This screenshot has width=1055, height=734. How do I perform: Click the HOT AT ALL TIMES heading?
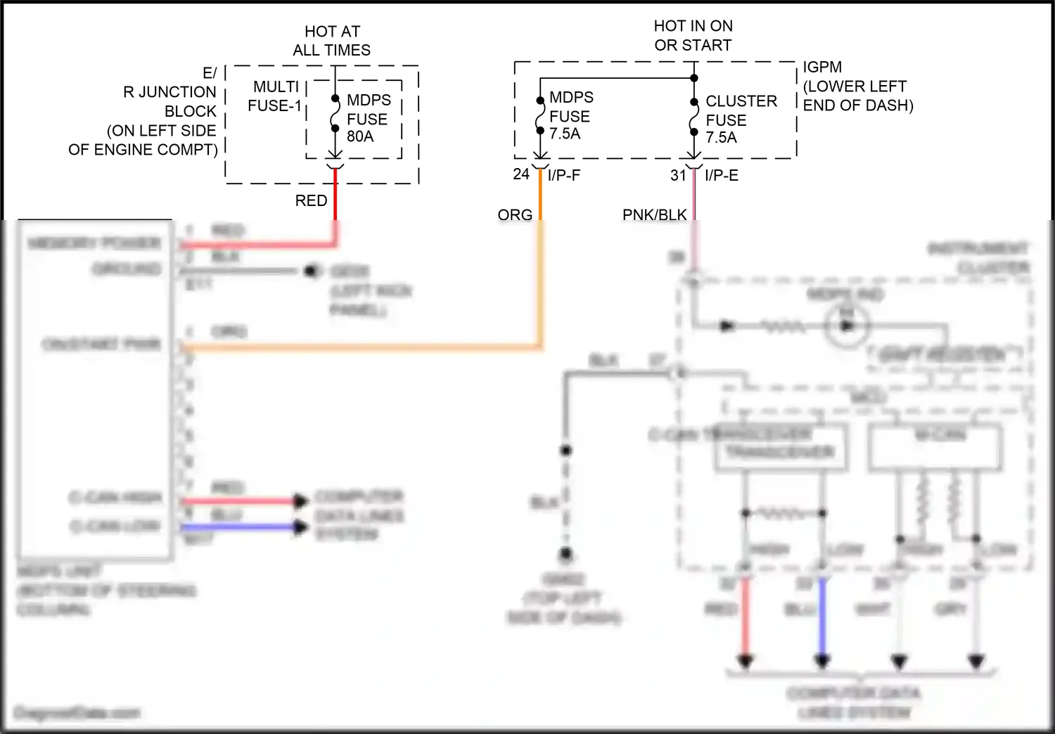coord(332,41)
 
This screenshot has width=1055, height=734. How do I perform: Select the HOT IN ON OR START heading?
coord(693,35)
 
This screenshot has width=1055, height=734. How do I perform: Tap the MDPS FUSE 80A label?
coord(368,118)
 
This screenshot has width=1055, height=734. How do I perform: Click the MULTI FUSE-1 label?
coord(276,96)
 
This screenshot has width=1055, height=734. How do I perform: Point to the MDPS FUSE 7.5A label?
coord(570,115)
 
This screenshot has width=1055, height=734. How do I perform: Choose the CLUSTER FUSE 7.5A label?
coord(741,120)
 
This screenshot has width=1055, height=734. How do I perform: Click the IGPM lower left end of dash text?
coord(857,86)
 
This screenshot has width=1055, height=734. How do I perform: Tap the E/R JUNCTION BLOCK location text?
coord(151,111)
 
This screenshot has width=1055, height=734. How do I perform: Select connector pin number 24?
coord(521,174)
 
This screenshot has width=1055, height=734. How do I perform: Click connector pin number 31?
coord(678,175)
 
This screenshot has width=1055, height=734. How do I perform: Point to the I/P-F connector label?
coord(564,175)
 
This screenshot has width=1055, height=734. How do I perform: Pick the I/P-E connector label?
coord(722,175)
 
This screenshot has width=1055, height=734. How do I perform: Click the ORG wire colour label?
coord(515,214)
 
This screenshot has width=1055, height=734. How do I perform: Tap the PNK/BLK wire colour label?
coord(654,214)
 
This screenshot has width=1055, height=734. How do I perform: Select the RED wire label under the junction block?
coord(311,200)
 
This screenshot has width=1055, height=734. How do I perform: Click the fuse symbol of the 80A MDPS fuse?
coord(335,114)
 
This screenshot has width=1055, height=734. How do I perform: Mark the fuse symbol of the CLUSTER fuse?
coord(694,116)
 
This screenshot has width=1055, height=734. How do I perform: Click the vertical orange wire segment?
coord(541,281)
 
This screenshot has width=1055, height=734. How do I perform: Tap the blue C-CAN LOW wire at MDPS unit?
coord(239,527)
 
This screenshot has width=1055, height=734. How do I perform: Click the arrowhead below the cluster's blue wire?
coord(822,662)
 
